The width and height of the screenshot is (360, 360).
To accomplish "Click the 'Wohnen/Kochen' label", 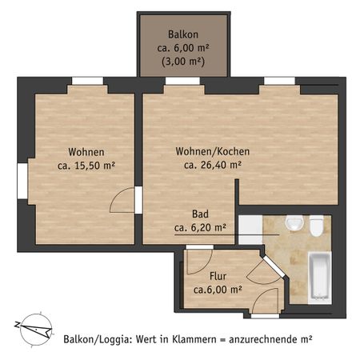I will pos(213,151).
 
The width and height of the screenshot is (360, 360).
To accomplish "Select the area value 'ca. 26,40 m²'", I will pos(213,166).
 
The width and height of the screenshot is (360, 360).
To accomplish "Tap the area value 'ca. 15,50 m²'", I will pos(86,166).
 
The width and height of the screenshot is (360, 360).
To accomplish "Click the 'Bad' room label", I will pos(200,214).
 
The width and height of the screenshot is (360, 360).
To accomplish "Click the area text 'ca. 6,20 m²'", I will pos(200,227).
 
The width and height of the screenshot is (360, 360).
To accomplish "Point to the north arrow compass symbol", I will pos(32,327).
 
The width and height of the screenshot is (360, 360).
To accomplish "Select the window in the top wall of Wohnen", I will pos(87,80).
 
